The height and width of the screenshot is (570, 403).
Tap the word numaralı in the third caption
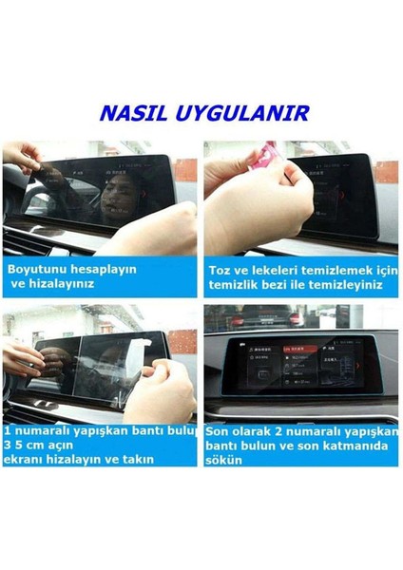coord(43,431)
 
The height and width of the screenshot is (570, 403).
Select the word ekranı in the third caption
coord(26,460)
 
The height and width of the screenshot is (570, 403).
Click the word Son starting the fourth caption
coord(220,431)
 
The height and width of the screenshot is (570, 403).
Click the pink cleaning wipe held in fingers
coord(269,155)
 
